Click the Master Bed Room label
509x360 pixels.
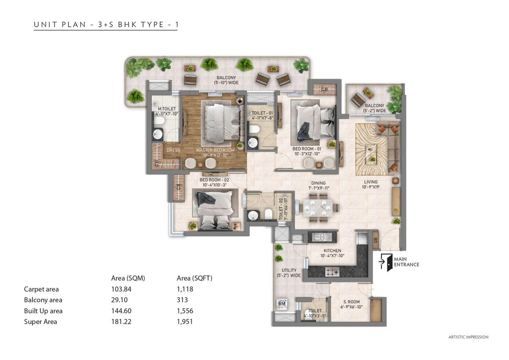coord(215,150)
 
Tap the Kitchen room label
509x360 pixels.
coord(333,251)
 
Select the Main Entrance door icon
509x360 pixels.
coord(386,262)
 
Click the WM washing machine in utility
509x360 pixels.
coord(282,303)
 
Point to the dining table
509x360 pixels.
coord(318,208)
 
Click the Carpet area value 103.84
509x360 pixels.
coord(121,289)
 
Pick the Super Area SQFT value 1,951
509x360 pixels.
coord(185,322)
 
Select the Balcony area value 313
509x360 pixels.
coord(183,300)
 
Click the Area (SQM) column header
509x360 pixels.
coord(128,278)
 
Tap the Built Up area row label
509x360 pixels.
coord(43,311)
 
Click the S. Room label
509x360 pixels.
coord(351,302)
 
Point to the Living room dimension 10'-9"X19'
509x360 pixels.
coord(371,187)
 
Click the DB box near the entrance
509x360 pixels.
coord(376,240)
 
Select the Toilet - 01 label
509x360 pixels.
coord(262,113)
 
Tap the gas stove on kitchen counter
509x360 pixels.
coord(333,271)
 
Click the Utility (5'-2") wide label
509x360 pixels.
coord(289,273)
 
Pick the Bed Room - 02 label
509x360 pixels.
coord(214,180)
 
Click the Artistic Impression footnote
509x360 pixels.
coord(469,337)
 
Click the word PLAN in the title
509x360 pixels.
coord(74,25)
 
